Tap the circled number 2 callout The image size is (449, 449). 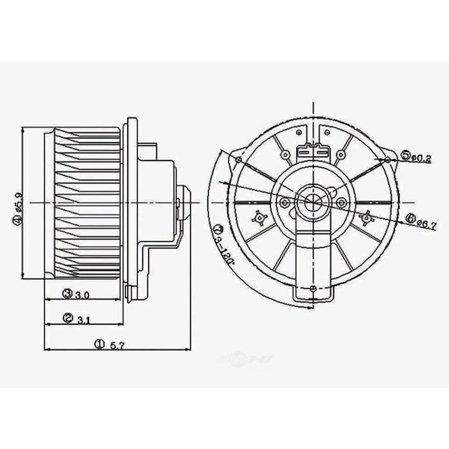tap(67, 319)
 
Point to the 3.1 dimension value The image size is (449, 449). tap(83, 320)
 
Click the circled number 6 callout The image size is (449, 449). tap(411, 218)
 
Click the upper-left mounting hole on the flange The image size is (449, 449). tap(238, 159)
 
